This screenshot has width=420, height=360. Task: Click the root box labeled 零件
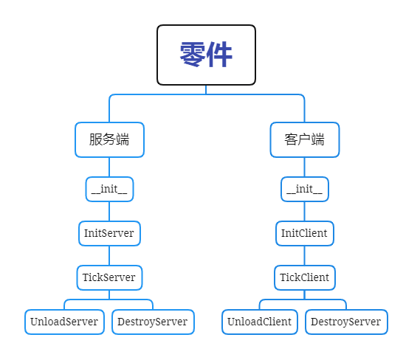[206, 55]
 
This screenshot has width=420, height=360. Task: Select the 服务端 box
[109, 139]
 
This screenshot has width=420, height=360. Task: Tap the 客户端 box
[305, 139]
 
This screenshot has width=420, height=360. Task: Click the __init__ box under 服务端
[109, 189]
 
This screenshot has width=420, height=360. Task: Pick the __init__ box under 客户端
[305, 189]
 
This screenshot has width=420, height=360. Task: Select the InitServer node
[109, 233]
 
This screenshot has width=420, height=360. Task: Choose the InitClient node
[305, 233]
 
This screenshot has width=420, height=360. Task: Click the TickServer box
[109, 277]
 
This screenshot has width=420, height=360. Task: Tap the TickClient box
[305, 277]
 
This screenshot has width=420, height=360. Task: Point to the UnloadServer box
[64, 322]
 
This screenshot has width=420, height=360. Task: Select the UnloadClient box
[260, 322]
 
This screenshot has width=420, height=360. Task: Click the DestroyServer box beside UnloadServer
[153, 322]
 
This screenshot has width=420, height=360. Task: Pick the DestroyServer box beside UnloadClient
[346, 322]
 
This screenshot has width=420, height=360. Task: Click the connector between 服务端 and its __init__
[109, 167]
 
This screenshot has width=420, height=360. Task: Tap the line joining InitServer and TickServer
[109, 255]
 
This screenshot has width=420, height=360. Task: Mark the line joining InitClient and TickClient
[305, 255]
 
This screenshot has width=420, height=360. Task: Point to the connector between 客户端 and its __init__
[305, 167]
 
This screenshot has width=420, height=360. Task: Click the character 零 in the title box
[193, 55]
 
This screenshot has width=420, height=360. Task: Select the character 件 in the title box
[219, 55]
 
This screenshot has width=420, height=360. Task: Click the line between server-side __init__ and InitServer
[109, 211]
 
